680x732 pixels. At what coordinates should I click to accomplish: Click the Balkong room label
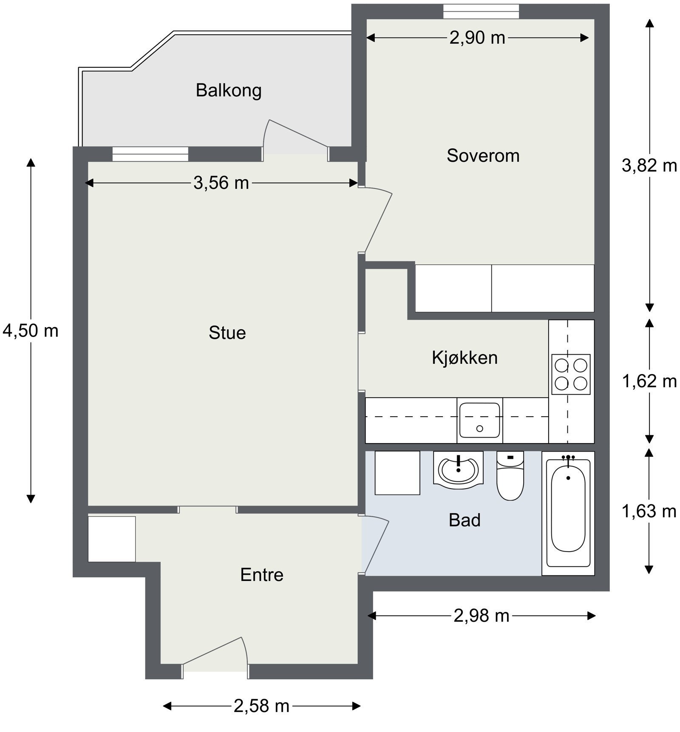click(228, 90)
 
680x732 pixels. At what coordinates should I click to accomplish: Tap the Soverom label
click(483, 155)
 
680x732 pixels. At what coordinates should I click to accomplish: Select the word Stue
click(227, 332)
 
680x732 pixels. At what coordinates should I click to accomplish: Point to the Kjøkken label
click(465, 357)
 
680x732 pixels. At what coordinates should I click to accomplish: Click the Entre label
click(261, 575)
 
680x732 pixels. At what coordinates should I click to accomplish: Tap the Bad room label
click(465, 520)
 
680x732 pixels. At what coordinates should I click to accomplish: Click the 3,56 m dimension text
click(221, 183)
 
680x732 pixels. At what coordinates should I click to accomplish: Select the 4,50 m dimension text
click(30, 331)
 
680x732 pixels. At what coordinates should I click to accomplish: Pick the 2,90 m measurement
click(477, 38)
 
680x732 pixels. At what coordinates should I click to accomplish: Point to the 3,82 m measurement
click(649, 166)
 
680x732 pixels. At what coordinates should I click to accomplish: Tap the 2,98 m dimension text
click(481, 615)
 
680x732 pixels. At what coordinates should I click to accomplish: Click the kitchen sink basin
click(479, 420)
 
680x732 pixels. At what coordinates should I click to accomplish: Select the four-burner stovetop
click(570, 374)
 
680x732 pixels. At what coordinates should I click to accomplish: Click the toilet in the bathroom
click(510, 477)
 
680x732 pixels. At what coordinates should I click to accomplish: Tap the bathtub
click(568, 513)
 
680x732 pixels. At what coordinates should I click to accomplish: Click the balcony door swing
click(293, 138)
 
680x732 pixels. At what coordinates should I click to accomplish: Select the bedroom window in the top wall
click(481, 11)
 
